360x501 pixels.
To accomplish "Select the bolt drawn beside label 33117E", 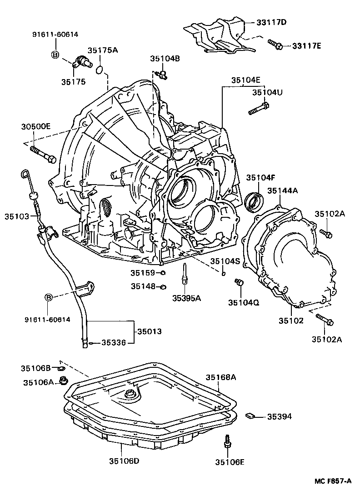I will pos(275,44).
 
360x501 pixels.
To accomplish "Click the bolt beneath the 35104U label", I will pos(258,109).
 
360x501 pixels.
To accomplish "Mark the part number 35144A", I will pos(282,191).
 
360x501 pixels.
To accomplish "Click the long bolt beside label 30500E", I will pos(43,154).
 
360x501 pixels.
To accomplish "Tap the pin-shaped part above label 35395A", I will pos(185,274).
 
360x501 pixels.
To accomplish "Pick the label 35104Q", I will pos(244,302).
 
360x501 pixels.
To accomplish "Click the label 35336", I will pos(113,343).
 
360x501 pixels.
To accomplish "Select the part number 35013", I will pos(149,332).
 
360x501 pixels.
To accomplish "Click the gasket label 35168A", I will pos(221,377).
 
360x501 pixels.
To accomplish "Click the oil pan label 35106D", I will pos(124,461).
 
